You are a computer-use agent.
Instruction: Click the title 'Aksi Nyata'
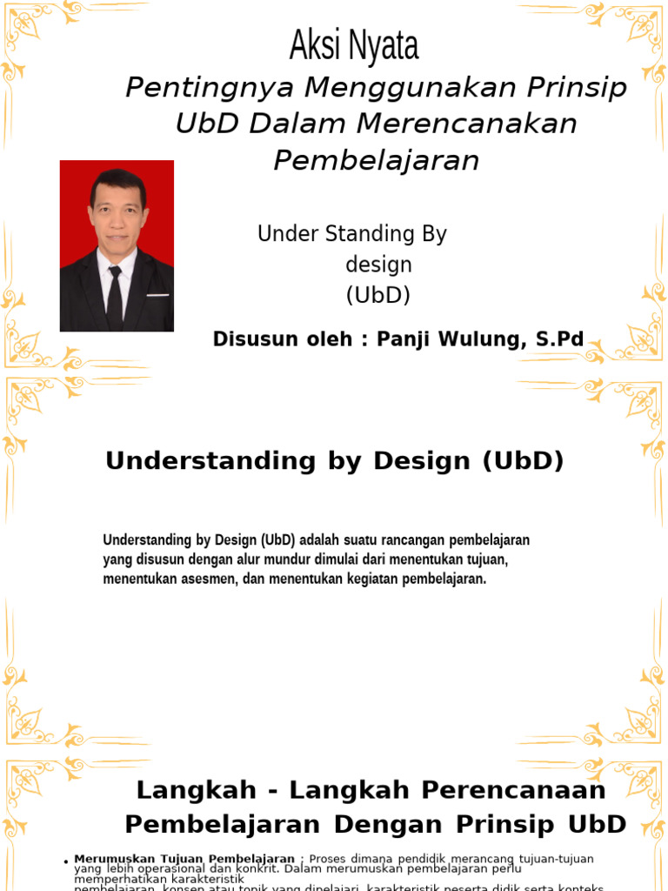pyautogui.click(x=354, y=46)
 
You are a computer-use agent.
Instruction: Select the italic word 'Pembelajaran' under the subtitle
pyautogui.click(x=376, y=160)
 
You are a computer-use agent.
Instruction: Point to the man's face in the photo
pyautogui.click(x=117, y=213)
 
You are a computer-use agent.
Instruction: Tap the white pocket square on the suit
pyautogui.click(x=157, y=296)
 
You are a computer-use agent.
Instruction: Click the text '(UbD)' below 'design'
pyautogui.click(x=378, y=295)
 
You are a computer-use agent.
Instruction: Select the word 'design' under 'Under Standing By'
pyautogui.click(x=378, y=265)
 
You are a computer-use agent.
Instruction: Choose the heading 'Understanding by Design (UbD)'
pyautogui.click(x=334, y=461)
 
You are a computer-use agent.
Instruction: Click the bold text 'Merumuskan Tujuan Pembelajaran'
pyautogui.click(x=184, y=859)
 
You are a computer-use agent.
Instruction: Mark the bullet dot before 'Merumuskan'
pyautogui.click(x=66, y=862)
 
